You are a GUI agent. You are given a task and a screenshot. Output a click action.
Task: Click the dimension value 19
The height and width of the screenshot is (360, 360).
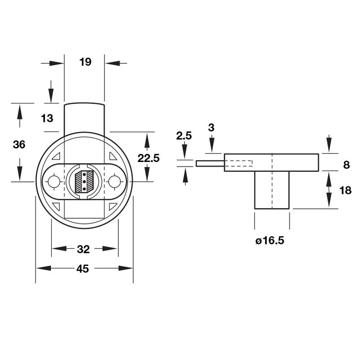click(85, 62)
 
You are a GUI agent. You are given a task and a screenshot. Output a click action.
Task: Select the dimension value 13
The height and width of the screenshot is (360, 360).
click(47, 118)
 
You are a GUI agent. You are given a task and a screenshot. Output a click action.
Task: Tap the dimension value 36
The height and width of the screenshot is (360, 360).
click(19, 145)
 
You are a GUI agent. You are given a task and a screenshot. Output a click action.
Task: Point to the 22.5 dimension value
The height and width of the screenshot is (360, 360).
click(148, 158)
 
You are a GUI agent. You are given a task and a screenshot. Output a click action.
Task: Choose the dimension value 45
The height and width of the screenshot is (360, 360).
click(82, 269)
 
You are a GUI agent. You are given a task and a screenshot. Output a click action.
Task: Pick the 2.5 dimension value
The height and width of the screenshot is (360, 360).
click(184, 135)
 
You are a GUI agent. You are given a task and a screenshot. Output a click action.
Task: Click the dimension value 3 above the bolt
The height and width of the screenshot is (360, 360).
click(211, 127)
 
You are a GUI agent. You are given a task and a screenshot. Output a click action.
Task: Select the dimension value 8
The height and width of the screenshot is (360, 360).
click(346, 165)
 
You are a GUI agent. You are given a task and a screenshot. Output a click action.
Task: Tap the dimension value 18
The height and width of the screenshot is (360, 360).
click(345, 190)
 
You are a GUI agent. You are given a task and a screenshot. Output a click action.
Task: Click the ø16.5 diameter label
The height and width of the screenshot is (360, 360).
click(270, 241)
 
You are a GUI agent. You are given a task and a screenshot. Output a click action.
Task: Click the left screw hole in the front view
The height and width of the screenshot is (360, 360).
click(54, 182)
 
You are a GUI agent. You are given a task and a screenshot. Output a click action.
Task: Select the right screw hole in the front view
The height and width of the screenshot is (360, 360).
click(115, 181)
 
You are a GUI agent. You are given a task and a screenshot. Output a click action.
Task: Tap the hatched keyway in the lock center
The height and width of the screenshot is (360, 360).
click(84, 181)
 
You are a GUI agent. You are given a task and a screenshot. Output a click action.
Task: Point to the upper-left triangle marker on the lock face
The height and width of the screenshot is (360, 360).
click(56, 157)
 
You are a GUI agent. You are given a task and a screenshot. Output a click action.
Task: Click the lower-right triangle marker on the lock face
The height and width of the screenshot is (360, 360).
click(112, 207)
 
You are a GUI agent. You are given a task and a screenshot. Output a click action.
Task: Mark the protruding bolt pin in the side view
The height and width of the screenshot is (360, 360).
click(210, 163)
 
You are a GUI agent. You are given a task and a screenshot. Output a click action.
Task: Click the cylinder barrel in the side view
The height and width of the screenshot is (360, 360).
click(272, 190)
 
